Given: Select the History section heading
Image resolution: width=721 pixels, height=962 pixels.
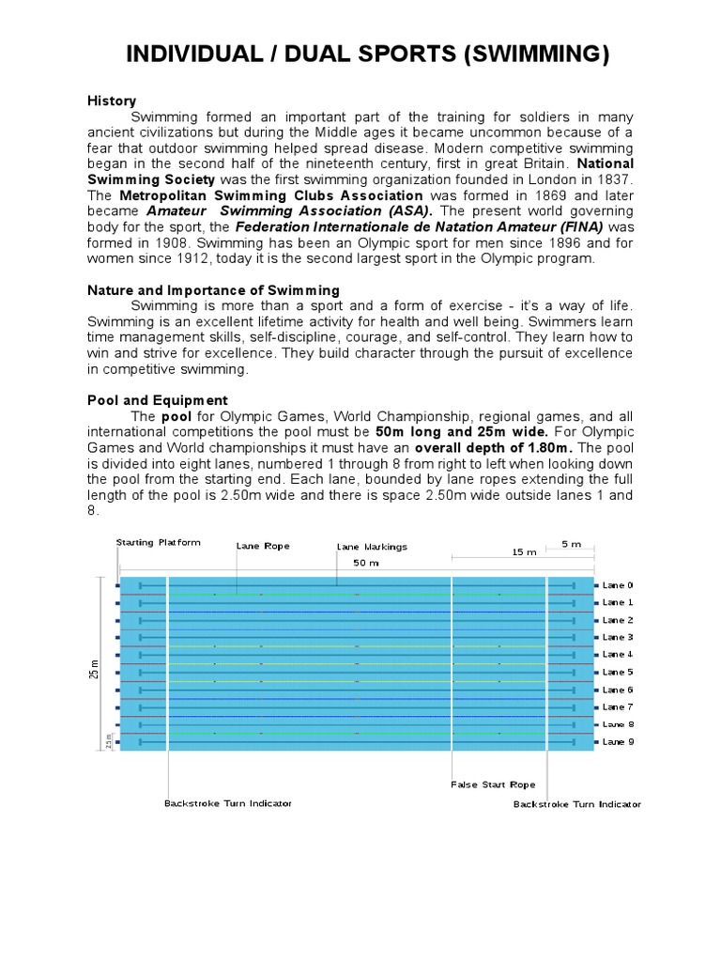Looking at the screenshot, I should [x=112, y=101].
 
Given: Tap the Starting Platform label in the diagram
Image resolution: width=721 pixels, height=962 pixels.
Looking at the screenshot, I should [x=159, y=543].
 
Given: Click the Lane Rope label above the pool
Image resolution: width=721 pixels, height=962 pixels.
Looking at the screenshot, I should [x=263, y=545].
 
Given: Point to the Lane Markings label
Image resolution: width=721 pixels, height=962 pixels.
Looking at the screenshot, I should [x=372, y=547].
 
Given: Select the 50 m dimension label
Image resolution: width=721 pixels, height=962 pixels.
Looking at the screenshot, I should [x=366, y=563].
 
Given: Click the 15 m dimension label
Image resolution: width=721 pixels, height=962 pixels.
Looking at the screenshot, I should [x=524, y=553].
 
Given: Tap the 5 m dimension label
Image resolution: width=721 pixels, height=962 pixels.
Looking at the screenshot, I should [x=571, y=544].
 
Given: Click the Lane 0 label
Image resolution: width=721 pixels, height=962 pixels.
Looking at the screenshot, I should [x=618, y=584].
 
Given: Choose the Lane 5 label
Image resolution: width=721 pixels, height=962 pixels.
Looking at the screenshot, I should [x=618, y=672].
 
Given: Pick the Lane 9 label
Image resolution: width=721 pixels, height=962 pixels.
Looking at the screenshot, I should [x=618, y=741].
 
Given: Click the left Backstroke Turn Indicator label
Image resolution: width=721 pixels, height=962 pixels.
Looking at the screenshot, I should [x=228, y=803].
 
